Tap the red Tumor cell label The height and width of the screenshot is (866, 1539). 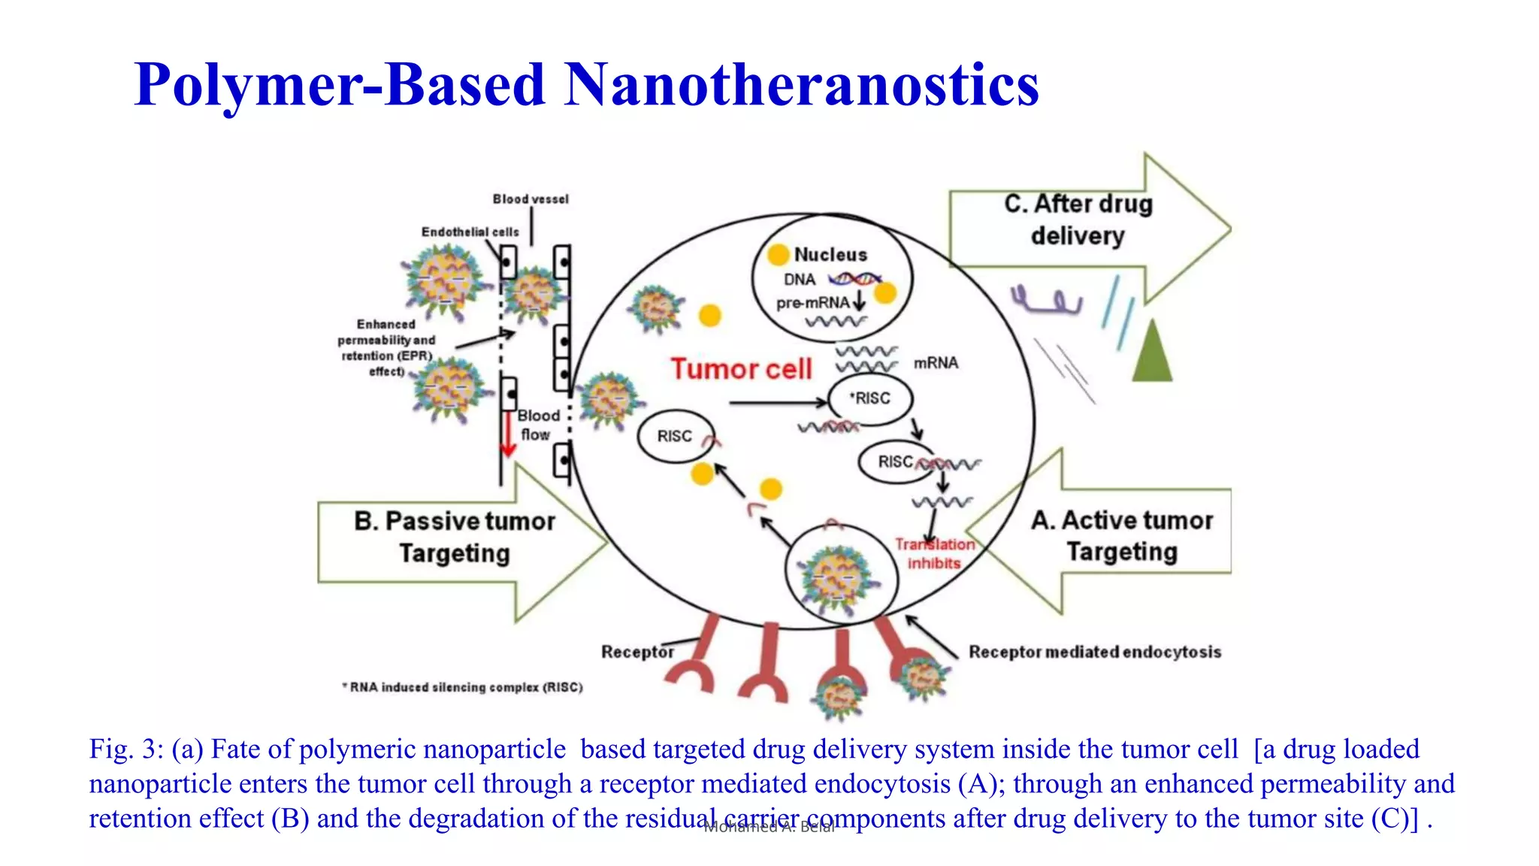pyautogui.click(x=741, y=369)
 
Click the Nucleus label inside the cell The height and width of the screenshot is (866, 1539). pyautogui.click(x=830, y=255)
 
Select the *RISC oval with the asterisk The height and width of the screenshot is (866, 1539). pyautogui.click(x=870, y=398)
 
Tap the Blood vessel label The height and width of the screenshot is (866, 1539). pyautogui.click(x=531, y=199)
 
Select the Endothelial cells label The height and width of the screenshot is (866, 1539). pyautogui.click(x=470, y=232)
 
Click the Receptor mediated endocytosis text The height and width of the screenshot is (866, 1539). pyautogui.click(x=1094, y=652)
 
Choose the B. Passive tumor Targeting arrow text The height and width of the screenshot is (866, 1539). pyautogui.click(x=455, y=537)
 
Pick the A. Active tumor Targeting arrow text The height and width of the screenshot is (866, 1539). pyautogui.click(x=1122, y=536)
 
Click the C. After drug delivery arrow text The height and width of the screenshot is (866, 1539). pyautogui.click(x=1078, y=220)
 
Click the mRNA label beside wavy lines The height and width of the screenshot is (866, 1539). pyautogui.click(x=936, y=363)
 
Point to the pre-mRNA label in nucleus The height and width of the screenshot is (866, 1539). pyautogui.click(x=812, y=303)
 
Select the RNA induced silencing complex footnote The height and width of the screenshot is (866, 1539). pyautogui.click(x=463, y=687)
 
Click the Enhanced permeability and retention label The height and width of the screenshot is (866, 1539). pyautogui.click(x=386, y=347)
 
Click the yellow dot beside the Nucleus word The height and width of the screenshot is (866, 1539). pyautogui.click(x=779, y=255)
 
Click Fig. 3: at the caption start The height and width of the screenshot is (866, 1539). pyautogui.click(x=125, y=749)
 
